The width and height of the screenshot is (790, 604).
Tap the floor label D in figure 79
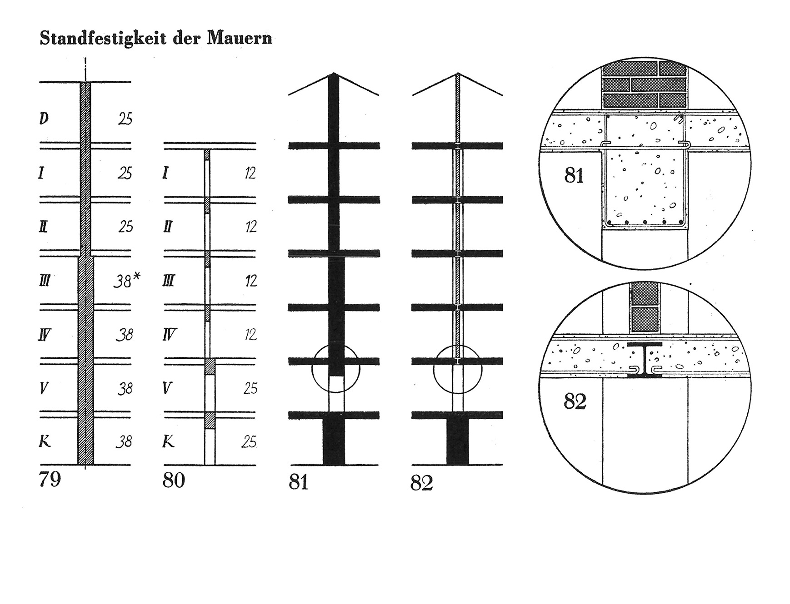pos(44,119)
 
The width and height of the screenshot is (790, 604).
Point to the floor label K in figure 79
pos(45,441)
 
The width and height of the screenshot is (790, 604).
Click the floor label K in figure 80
pos(168,441)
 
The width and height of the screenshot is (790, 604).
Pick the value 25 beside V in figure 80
pos(250,388)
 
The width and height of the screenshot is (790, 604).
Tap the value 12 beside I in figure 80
pos(250,173)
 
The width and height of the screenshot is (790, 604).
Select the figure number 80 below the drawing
pos(174,480)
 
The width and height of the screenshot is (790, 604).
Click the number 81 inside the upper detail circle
pos(574,175)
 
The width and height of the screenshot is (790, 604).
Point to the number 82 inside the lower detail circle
pos(575,401)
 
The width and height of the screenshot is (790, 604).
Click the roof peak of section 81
pos(334,73)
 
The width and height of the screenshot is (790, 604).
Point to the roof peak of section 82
pos(458,73)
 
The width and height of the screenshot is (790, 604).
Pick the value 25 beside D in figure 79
pos(125,119)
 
